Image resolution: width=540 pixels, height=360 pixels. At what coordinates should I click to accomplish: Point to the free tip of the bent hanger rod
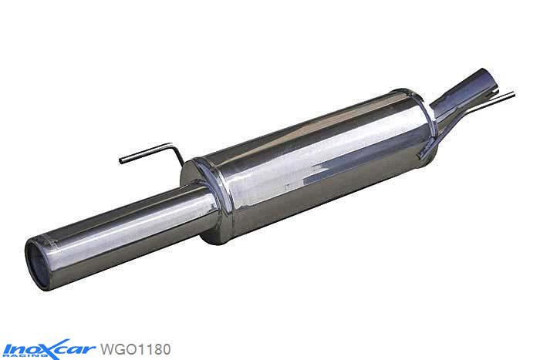point(122,160)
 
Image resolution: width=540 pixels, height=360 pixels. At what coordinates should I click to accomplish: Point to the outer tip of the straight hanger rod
point(512,96)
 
